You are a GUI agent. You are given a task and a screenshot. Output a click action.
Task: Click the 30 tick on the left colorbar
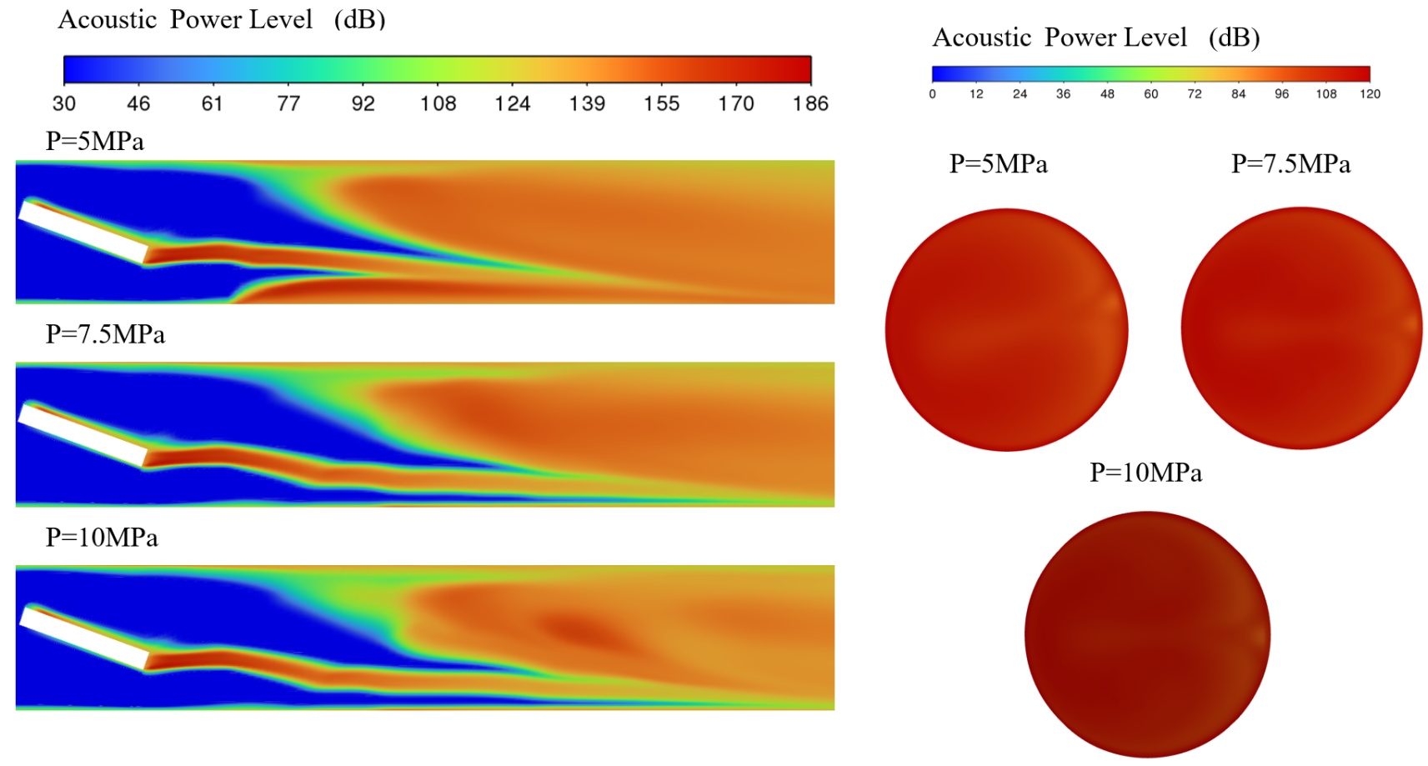tap(64, 103)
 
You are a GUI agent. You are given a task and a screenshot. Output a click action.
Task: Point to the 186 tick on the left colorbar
tap(810, 103)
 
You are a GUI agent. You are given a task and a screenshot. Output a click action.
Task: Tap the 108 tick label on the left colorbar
tap(438, 103)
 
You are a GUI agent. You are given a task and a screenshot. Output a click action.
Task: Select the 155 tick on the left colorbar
tap(661, 103)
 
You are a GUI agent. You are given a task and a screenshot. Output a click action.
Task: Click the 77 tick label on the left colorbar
tap(288, 103)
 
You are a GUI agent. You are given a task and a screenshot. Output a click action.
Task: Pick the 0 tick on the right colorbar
tap(932, 94)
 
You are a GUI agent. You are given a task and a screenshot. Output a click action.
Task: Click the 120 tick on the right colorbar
tap(1370, 94)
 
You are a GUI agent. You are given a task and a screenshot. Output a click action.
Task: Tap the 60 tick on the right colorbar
tap(1150, 94)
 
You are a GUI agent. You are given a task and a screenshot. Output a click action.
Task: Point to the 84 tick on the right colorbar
tap(1238, 94)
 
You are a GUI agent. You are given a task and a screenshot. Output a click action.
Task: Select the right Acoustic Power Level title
tap(1095, 38)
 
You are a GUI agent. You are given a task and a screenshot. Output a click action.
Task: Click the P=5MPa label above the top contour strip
tap(94, 142)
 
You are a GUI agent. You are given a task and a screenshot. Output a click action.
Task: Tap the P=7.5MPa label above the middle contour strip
tap(105, 334)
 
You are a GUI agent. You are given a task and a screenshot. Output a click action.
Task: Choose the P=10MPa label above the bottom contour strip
tap(102, 538)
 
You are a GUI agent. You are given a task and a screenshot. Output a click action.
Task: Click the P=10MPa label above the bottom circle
tap(1145, 473)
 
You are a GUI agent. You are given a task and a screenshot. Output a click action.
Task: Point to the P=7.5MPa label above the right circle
tap(1290, 164)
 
